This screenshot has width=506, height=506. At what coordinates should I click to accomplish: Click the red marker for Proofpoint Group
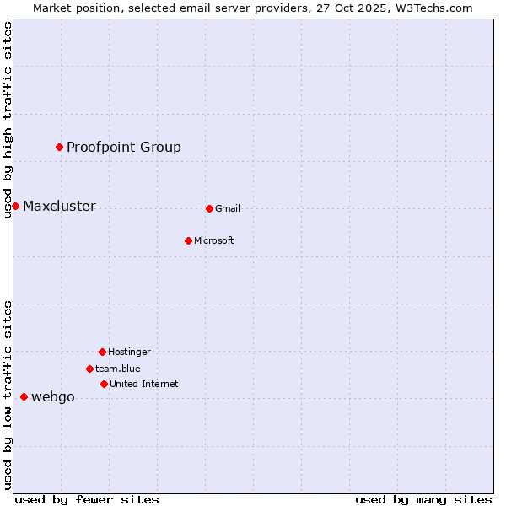(59, 148)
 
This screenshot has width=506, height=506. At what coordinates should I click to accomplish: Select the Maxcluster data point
(15, 206)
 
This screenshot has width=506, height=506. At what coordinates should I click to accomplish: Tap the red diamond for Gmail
(209, 208)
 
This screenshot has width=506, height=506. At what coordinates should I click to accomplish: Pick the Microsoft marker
(188, 240)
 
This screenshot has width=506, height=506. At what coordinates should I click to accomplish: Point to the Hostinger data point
(102, 352)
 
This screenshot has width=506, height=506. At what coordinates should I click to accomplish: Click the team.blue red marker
(89, 369)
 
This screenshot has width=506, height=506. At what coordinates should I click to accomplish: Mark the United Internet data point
(104, 384)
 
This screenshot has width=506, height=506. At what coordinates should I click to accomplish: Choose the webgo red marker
(24, 396)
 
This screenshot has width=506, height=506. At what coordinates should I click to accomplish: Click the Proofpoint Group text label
(124, 148)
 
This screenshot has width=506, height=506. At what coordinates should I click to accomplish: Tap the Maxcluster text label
(59, 207)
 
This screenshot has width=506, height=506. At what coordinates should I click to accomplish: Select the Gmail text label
(228, 209)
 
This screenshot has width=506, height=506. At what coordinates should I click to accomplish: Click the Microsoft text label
(214, 241)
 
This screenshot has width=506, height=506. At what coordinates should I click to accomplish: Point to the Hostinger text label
(129, 353)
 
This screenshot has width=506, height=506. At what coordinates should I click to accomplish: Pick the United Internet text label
(144, 385)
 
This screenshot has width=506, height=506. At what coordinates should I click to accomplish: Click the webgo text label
(53, 397)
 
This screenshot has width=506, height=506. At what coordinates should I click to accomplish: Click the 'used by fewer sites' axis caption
(87, 500)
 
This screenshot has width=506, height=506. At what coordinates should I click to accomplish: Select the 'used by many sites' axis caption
(423, 500)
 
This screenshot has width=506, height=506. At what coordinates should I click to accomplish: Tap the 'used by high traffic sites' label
(8, 120)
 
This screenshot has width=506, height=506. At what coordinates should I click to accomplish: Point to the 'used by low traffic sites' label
(8, 395)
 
